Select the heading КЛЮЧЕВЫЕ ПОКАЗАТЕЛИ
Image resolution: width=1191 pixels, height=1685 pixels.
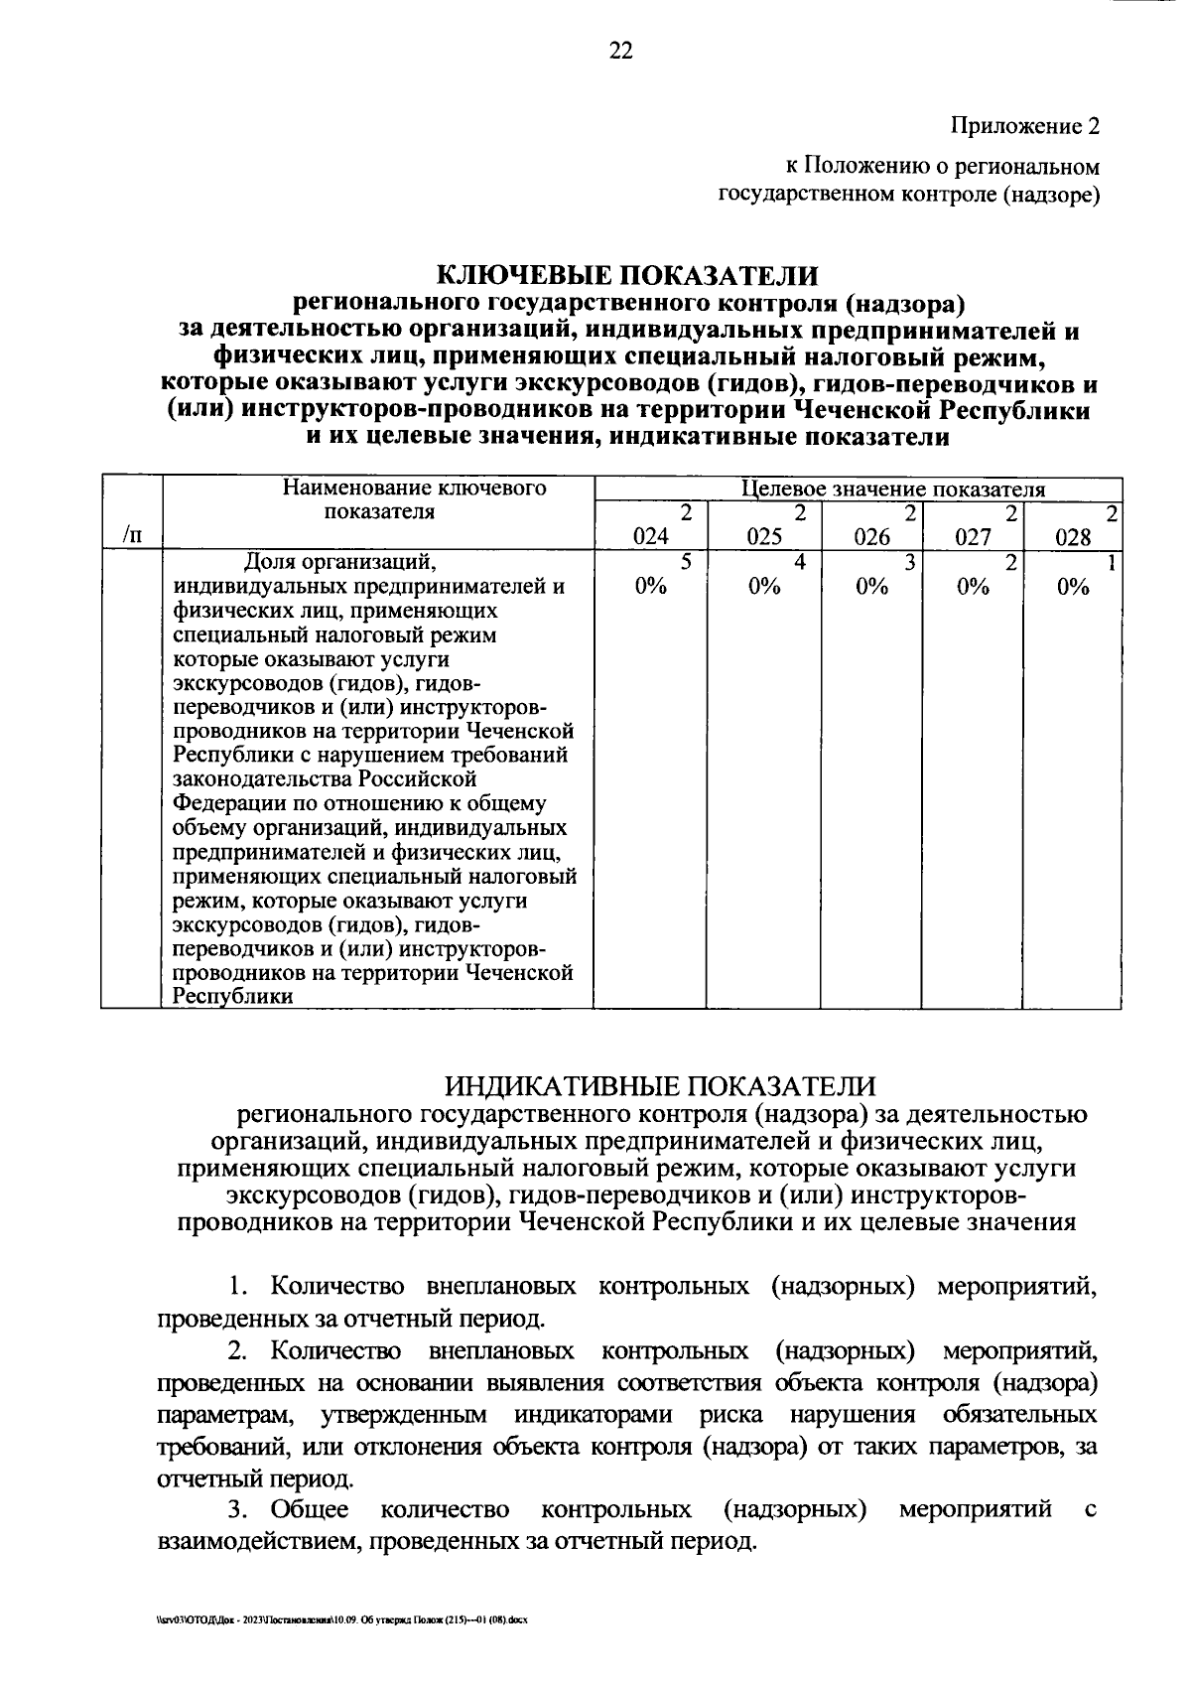click(x=628, y=274)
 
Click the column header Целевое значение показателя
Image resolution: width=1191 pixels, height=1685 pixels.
click(x=893, y=489)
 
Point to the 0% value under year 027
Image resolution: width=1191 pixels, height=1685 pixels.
click(x=973, y=586)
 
